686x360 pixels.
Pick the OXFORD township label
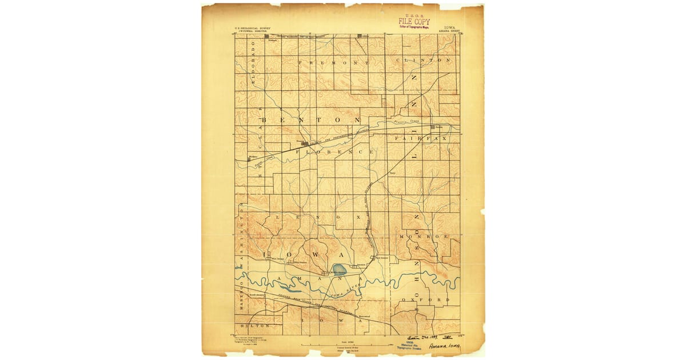pyautogui.click(x=426, y=299)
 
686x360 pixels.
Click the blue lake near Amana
pyautogui.click(x=339, y=268)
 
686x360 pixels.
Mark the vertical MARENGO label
pyautogui.click(x=242, y=295)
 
